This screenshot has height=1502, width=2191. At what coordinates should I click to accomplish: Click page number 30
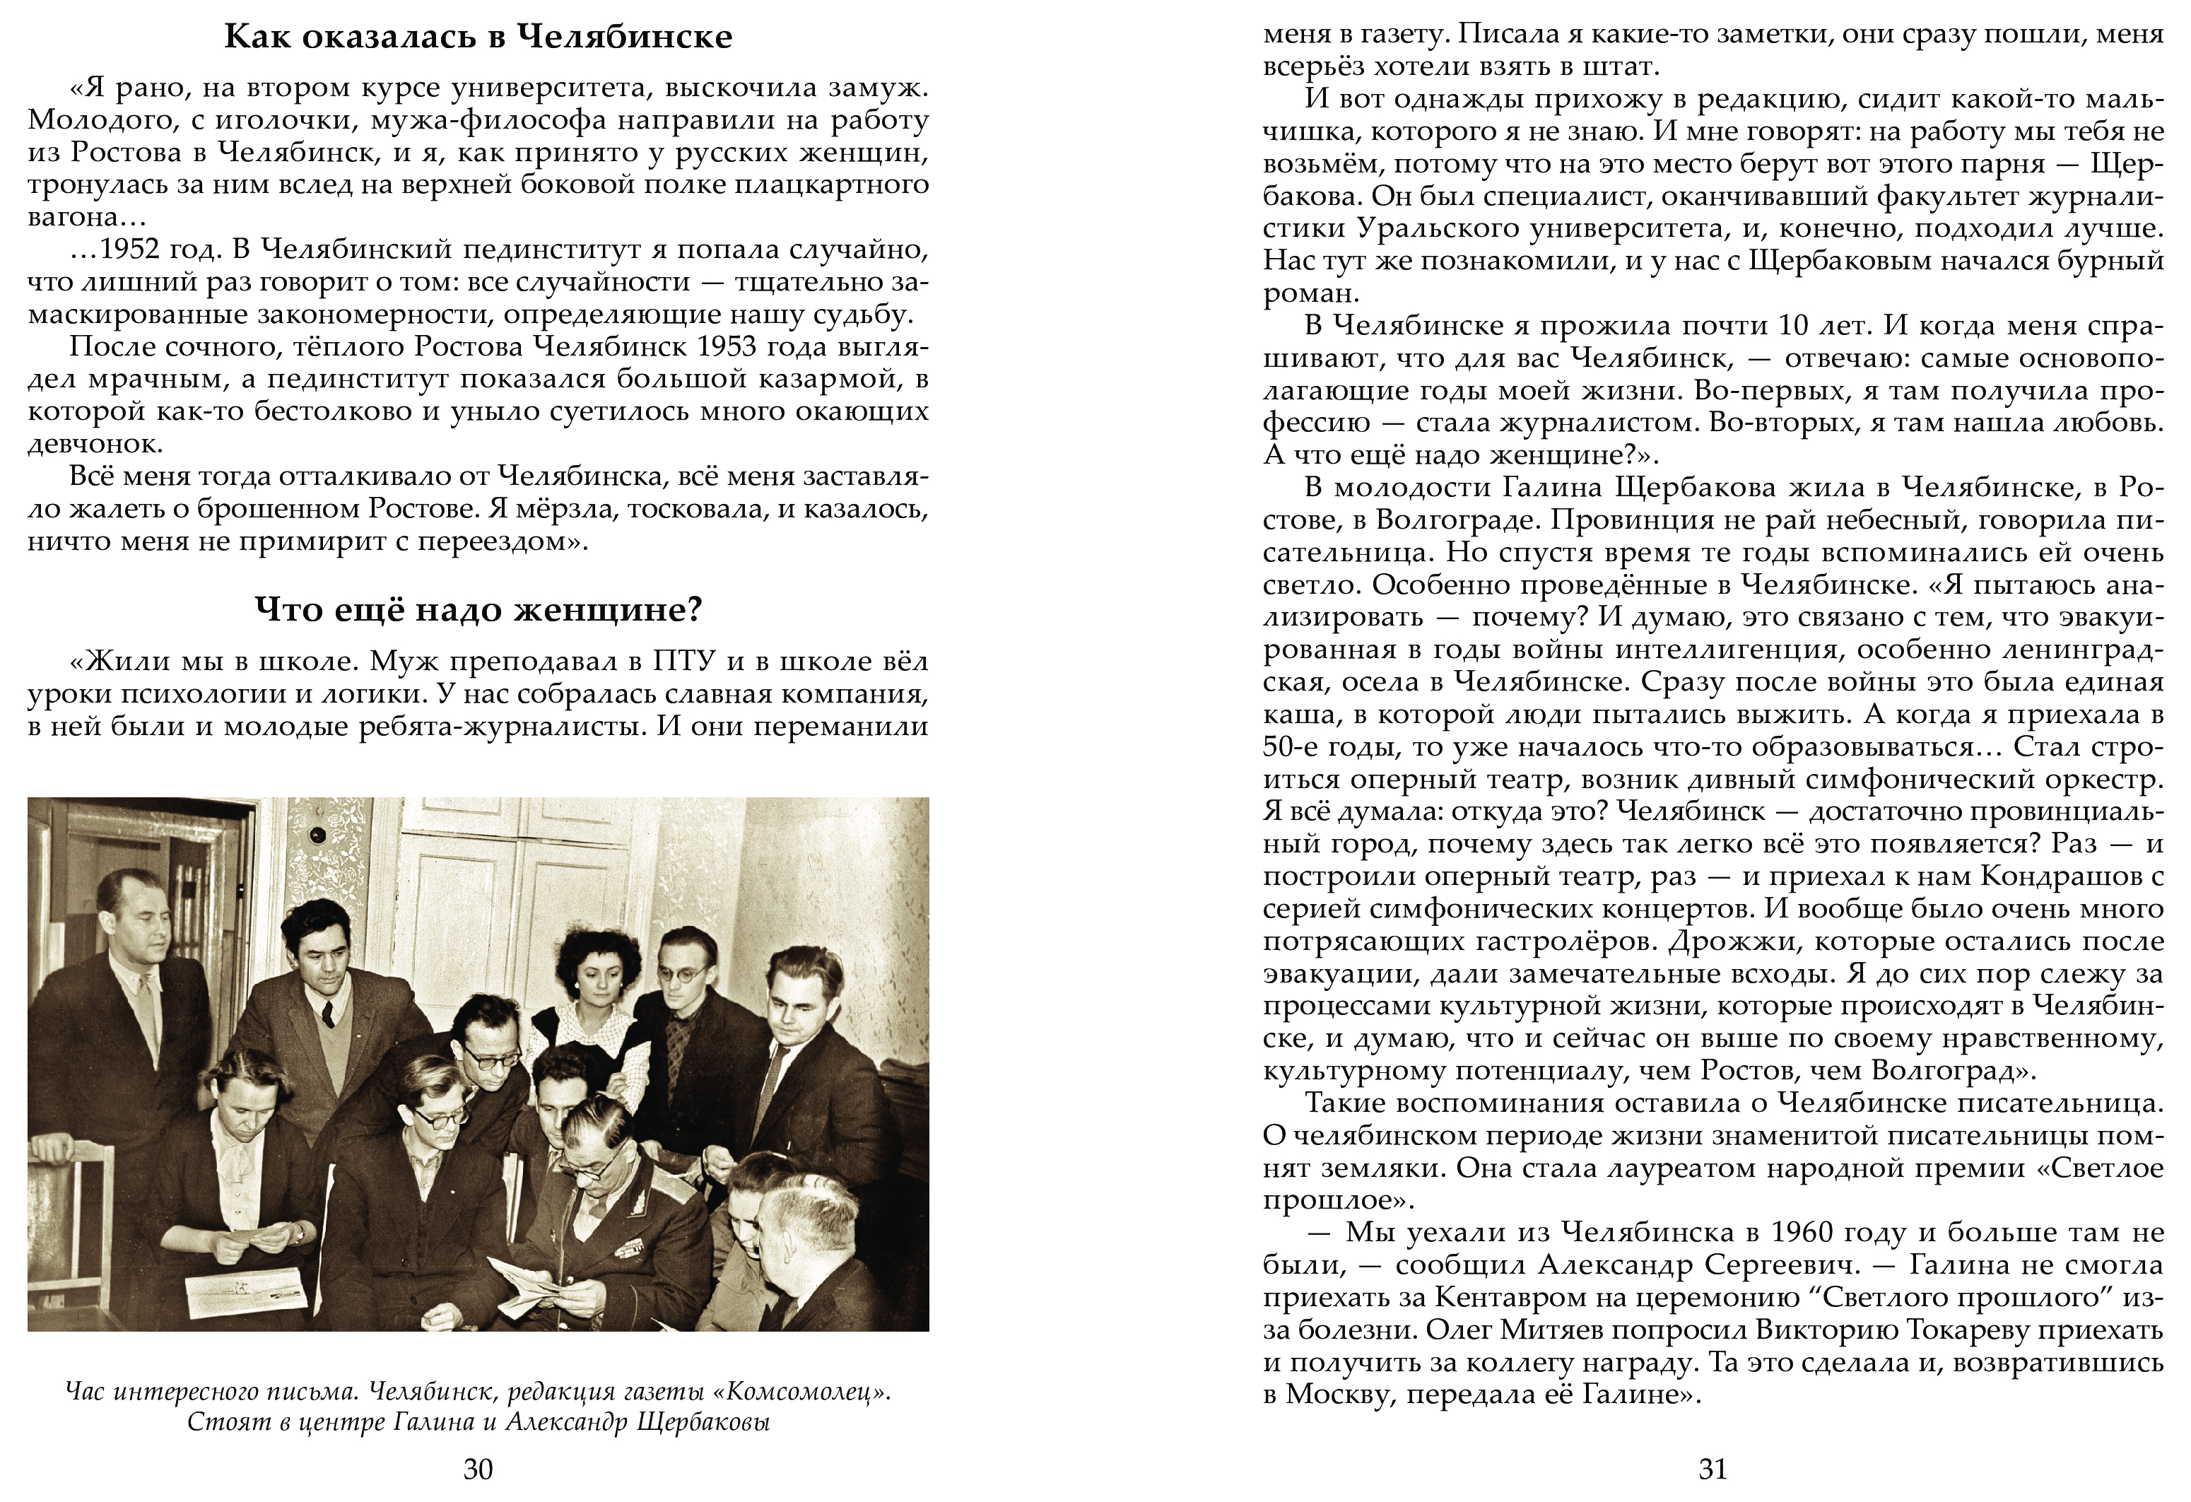click(478, 1469)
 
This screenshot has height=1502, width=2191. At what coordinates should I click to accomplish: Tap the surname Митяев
click(1558, 1330)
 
